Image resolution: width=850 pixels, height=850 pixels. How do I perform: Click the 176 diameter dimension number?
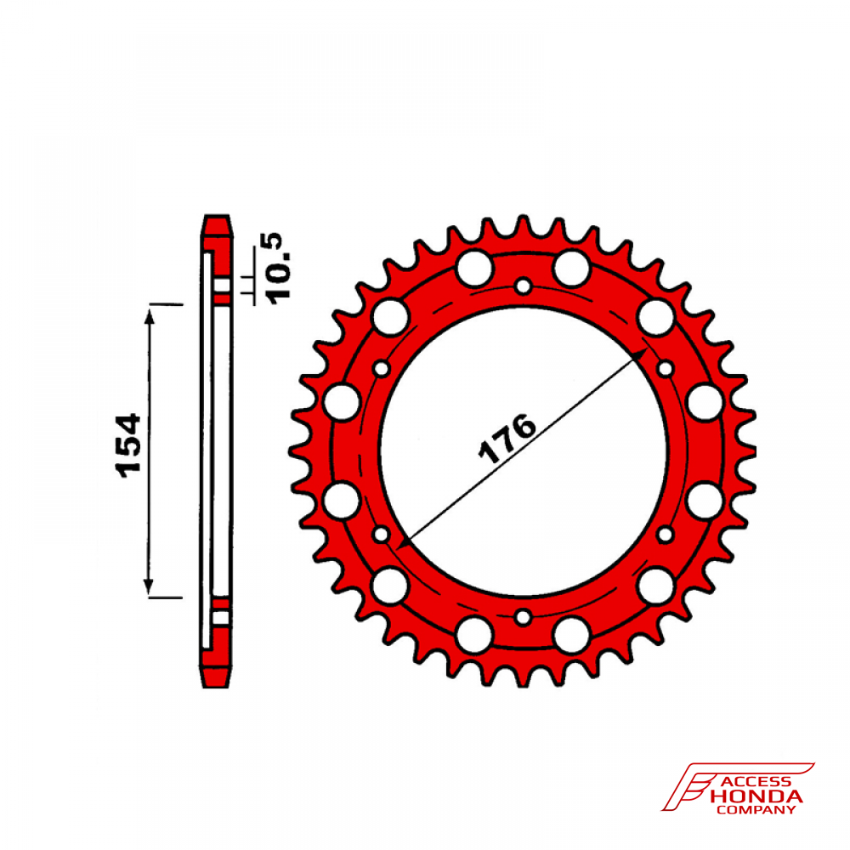(507, 439)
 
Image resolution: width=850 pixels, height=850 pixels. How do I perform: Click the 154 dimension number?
(128, 446)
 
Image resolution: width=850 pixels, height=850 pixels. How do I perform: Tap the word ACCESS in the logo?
(756, 782)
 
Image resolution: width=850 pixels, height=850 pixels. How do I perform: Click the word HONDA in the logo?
(756, 796)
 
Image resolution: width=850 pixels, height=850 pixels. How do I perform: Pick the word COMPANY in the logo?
(756, 810)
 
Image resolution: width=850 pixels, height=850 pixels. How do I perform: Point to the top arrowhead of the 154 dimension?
(149, 316)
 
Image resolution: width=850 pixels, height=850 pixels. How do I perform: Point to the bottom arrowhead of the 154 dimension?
(149, 586)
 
